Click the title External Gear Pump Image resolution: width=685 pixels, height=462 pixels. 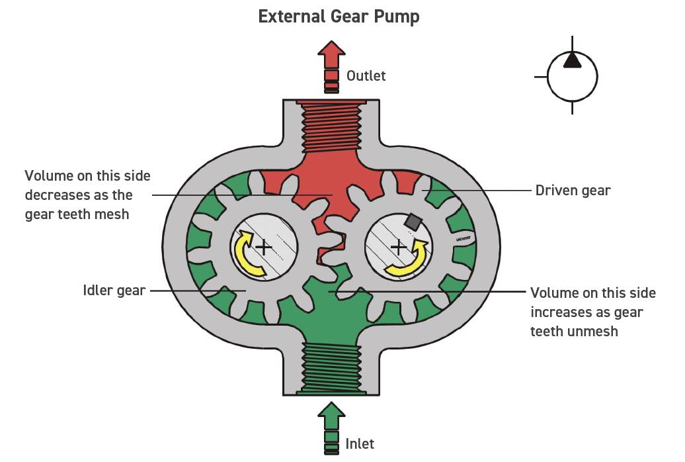coord(339,16)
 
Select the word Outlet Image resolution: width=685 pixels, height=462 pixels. coord(366,76)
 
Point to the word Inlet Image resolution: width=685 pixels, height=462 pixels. coord(360,443)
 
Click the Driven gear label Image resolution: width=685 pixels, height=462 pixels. coord(573,191)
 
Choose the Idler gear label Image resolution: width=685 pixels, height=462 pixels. coord(114,290)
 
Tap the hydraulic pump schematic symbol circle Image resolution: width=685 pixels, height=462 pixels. coord(572,76)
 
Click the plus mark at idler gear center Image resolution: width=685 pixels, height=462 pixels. coord(263,248)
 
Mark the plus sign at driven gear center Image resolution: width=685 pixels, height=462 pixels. coord(398,248)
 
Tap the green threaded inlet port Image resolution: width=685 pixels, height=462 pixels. coord(331,369)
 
